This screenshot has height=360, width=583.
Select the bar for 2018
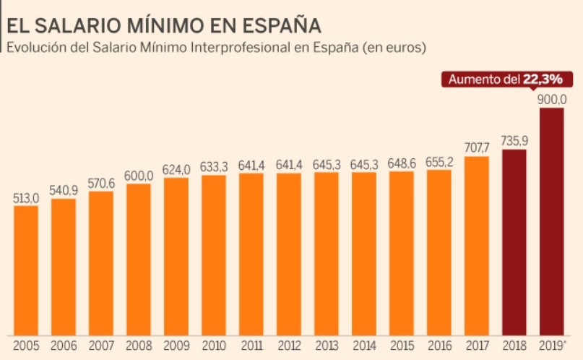click(514, 242)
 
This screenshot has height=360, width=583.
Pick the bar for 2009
click(176, 256)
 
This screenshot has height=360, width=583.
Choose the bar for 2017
click(477, 245)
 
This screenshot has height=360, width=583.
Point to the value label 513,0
click(26, 197)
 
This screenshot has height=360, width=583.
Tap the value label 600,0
click(139, 176)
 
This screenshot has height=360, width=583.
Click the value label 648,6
click(402, 163)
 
